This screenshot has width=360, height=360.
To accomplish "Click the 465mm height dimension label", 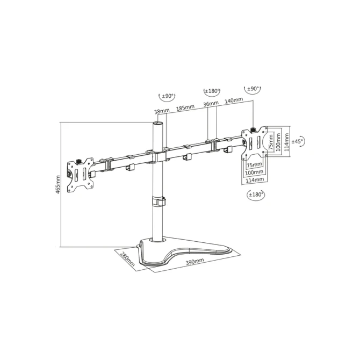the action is tap(57, 184).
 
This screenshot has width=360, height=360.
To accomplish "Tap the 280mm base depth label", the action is tap(127, 259).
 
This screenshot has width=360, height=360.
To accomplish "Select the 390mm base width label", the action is tap(195, 262).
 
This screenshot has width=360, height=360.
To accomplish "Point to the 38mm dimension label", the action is tap(162, 111).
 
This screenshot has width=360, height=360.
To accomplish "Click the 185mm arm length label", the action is tap(185, 107).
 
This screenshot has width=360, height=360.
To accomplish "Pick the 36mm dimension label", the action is tap(211, 104).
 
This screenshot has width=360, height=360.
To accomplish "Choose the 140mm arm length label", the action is tap(234, 100).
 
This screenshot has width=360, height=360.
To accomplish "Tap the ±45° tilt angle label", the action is tap(297, 141).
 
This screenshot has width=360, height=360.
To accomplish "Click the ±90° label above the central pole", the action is tap(168, 96).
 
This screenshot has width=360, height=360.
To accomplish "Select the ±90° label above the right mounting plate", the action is tap(253, 89).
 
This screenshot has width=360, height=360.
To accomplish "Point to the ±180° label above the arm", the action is tap(212, 91).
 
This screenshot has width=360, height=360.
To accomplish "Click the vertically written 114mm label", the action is tap(286, 142).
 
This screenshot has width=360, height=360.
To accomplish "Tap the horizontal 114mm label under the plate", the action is tap(255, 180).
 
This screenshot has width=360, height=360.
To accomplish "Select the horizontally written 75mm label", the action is tap(254, 165).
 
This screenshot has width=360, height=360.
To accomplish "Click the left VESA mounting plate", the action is tap(81, 175).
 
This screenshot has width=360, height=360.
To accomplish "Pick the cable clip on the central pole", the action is tap(159, 201).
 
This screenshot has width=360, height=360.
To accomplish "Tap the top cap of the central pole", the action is tap(157, 123).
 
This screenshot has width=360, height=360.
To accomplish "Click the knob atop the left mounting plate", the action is tap(79, 161).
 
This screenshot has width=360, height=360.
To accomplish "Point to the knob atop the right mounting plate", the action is tap(254, 129).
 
